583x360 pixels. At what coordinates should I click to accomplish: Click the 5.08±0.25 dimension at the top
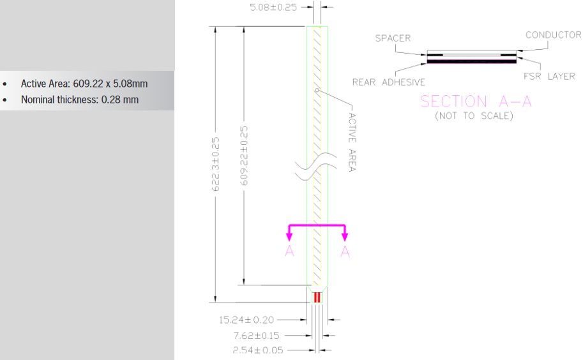point(273,8)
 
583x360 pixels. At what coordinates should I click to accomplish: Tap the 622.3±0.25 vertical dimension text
point(215,164)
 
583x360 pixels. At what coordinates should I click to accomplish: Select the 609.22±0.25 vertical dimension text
point(243,156)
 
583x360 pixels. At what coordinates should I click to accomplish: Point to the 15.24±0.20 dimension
point(246,320)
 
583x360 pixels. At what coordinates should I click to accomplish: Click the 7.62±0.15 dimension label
point(256,336)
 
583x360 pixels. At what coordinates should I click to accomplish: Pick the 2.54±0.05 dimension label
point(258,350)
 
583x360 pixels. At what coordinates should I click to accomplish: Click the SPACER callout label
point(393,38)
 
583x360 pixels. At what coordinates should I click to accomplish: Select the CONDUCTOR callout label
point(553,35)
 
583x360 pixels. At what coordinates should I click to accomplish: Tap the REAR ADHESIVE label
point(388,82)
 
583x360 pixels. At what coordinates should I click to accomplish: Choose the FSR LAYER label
point(549,76)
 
